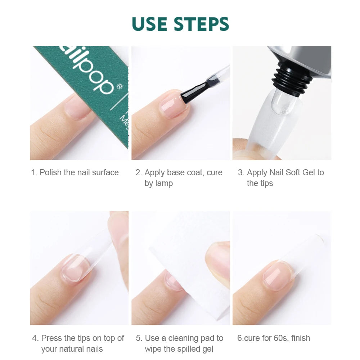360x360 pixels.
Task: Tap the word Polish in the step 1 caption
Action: [51, 172]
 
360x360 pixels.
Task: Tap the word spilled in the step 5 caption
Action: [180, 349]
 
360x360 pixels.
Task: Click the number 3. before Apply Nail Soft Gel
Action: [241, 172]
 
